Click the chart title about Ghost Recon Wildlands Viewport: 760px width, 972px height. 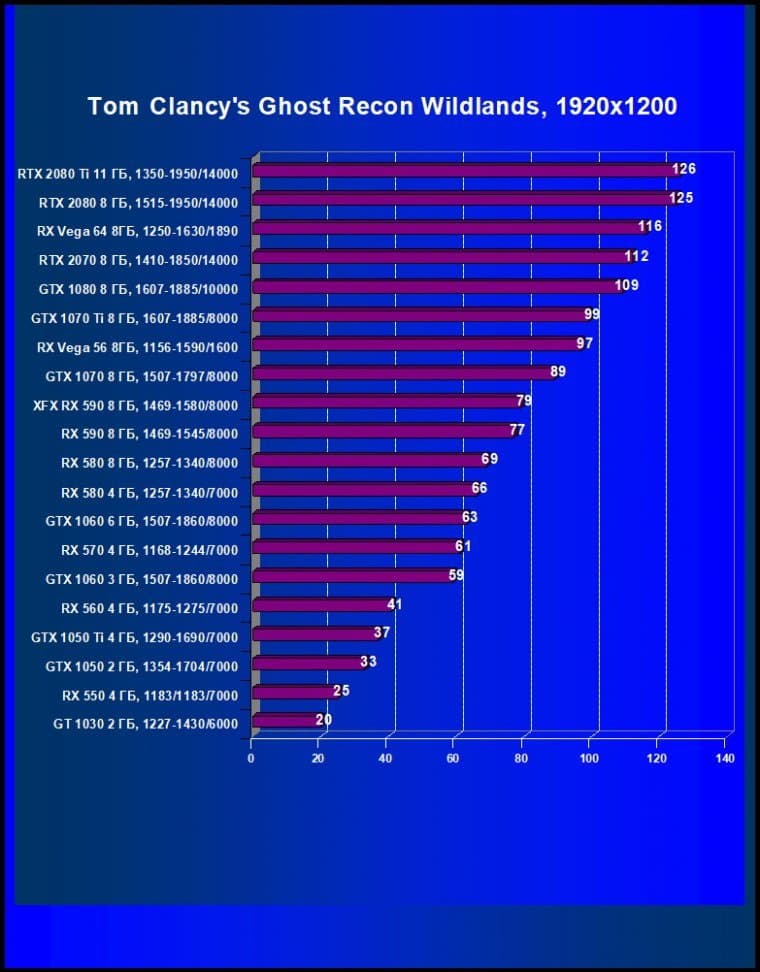(382, 105)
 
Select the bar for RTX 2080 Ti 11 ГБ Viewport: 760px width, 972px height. (465, 171)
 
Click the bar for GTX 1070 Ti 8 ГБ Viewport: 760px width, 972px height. (420, 316)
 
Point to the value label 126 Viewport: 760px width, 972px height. (684, 169)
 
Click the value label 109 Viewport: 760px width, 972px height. (627, 285)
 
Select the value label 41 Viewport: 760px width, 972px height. (394, 604)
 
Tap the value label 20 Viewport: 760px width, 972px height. (323, 719)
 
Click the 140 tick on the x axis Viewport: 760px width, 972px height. (726, 758)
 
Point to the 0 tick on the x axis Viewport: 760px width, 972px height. (251, 758)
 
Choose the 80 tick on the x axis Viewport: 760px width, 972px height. (522, 758)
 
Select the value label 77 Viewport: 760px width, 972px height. (517, 430)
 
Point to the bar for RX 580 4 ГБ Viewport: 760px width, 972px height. (364, 489)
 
